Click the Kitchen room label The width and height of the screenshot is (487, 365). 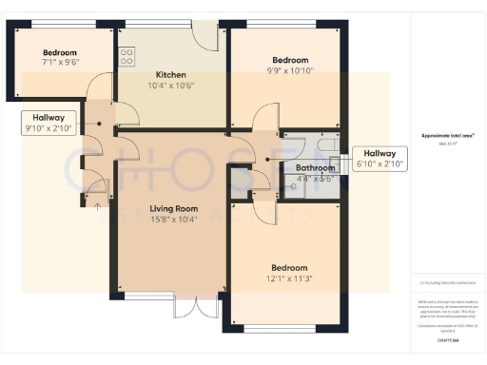[x=171, y=75]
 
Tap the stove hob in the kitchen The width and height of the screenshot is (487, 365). [x=126, y=56]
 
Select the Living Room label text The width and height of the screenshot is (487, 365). [x=172, y=208]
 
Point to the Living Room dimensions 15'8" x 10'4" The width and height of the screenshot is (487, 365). [x=172, y=220]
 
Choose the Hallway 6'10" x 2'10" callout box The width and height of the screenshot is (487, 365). [x=380, y=159]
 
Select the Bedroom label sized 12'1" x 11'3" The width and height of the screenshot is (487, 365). [x=289, y=268]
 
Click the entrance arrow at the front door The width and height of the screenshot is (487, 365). [x=95, y=201]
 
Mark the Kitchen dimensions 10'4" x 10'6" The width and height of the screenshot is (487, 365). [x=171, y=86]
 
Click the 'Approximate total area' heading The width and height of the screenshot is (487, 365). [x=447, y=136]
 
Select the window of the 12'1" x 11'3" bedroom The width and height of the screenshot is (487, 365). [x=284, y=328]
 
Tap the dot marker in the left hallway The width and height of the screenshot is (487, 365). [x=96, y=124]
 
